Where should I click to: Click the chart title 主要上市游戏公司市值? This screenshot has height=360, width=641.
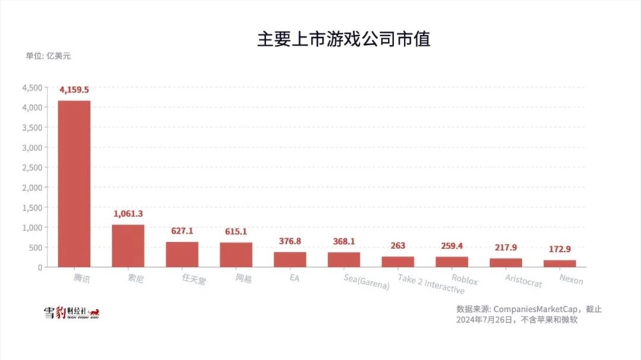[343, 39]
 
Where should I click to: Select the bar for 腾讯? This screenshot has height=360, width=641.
[74, 183]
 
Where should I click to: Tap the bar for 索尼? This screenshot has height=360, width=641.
[128, 245]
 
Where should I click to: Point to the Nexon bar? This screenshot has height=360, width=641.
[560, 263]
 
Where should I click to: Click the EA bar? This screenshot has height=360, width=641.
[290, 259]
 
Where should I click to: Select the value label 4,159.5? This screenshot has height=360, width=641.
[74, 90]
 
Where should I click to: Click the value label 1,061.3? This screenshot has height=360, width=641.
[128, 214]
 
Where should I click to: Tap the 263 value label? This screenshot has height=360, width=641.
[397, 246]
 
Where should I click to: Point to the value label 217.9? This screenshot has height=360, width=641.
[506, 248]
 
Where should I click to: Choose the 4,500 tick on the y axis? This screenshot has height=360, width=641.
[31, 87]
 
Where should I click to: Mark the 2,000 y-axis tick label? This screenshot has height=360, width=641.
[31, 187]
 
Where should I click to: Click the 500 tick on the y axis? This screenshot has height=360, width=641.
[35, 247]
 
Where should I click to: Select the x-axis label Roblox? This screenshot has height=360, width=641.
[464, 280]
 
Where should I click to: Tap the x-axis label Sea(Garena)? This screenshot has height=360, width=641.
[365, 282]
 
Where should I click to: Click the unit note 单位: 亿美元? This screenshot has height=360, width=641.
[48, 56]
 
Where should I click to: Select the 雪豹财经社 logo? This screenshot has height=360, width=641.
[71, 313]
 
